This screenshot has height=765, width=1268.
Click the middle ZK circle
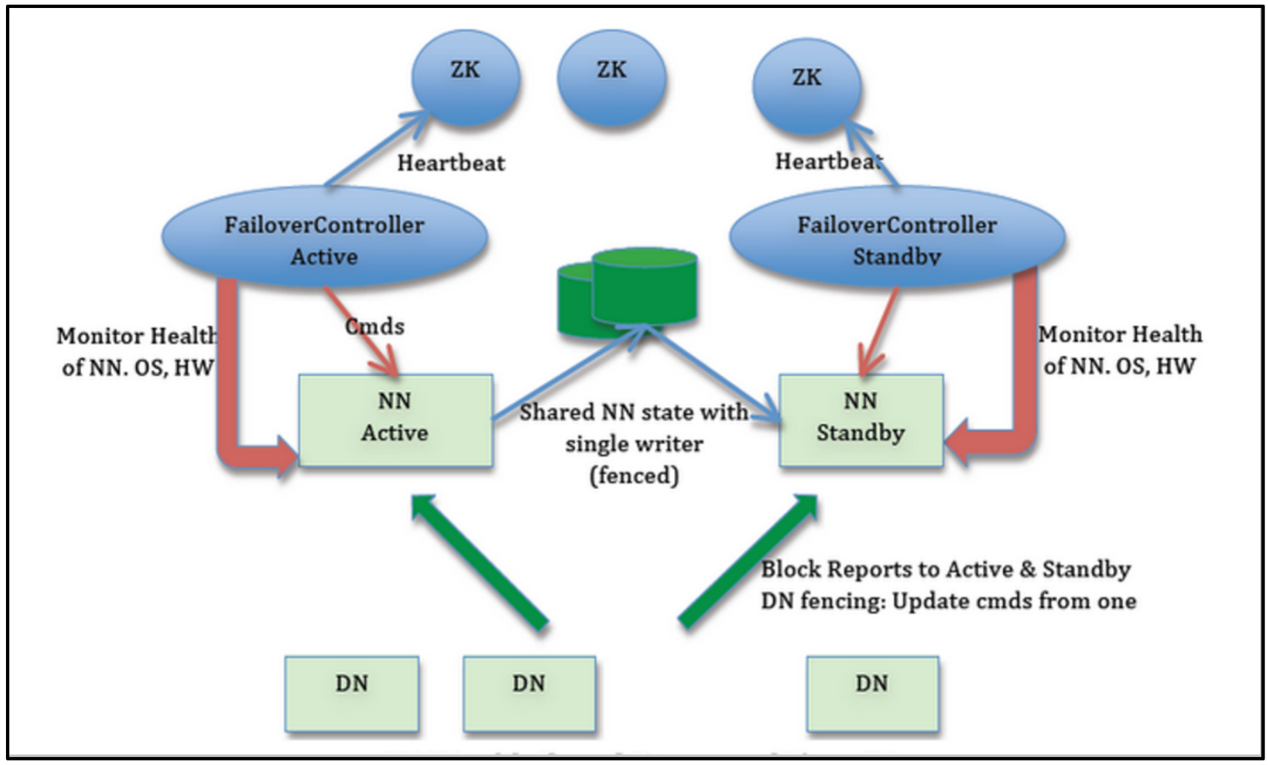point(611,78)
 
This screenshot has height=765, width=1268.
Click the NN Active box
point(395,420)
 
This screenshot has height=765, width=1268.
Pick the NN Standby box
point(861,420)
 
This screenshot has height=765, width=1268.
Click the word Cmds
point(375,327)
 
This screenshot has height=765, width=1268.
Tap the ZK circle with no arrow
point(611,78)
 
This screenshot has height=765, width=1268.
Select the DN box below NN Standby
point(872,693)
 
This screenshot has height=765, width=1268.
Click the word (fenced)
point(634,476)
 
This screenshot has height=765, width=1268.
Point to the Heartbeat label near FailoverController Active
point(451,163)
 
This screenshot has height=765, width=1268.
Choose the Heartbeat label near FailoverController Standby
point(828,162)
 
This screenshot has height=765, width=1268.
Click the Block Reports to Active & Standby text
point(945,569)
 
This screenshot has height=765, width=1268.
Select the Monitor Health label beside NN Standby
point(1120,350)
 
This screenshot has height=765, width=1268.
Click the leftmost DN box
point(351,693)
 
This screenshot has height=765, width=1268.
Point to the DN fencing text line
point(948,601)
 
